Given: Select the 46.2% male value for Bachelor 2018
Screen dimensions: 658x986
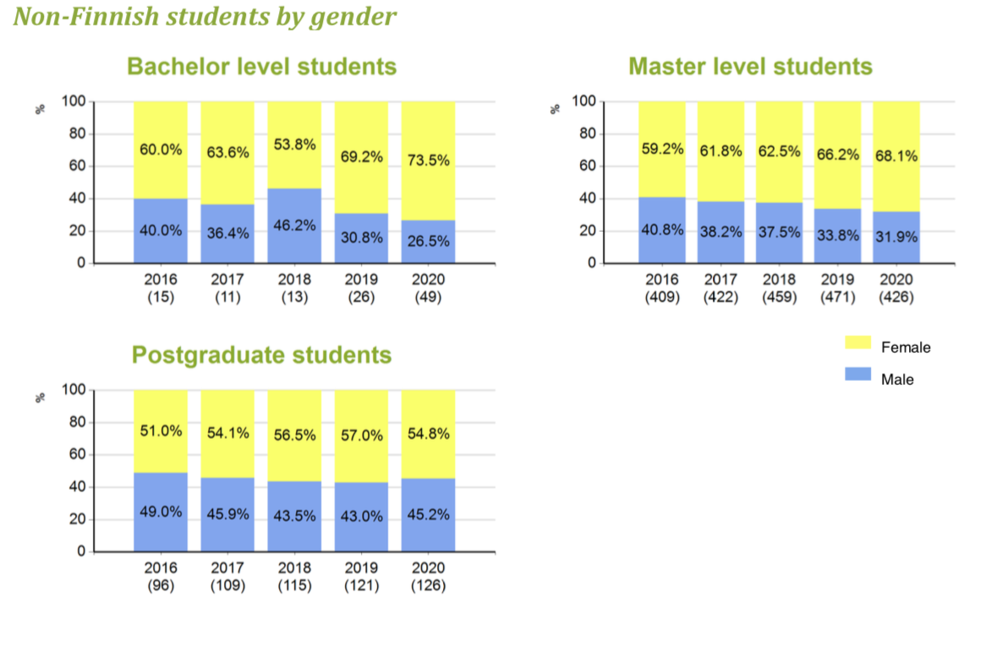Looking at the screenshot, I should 294,227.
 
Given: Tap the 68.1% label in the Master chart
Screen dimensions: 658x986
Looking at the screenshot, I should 896,156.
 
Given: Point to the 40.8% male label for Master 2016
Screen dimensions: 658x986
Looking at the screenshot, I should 662,229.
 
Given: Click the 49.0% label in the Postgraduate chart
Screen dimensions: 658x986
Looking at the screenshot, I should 161,513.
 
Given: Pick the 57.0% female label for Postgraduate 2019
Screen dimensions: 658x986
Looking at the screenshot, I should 361,436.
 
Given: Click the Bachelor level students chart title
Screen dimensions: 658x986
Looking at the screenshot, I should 261,67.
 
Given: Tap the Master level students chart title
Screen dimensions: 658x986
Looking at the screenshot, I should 750,67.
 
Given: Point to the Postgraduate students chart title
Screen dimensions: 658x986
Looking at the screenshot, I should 261,355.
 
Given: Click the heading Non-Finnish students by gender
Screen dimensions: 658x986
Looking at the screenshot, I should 205,16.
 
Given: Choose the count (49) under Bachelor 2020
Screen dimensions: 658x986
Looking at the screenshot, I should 428,297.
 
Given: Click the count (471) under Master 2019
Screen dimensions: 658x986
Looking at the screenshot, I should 838,297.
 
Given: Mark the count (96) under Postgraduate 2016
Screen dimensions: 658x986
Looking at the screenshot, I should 161,585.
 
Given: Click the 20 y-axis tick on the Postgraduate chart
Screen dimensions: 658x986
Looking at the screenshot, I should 75,519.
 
